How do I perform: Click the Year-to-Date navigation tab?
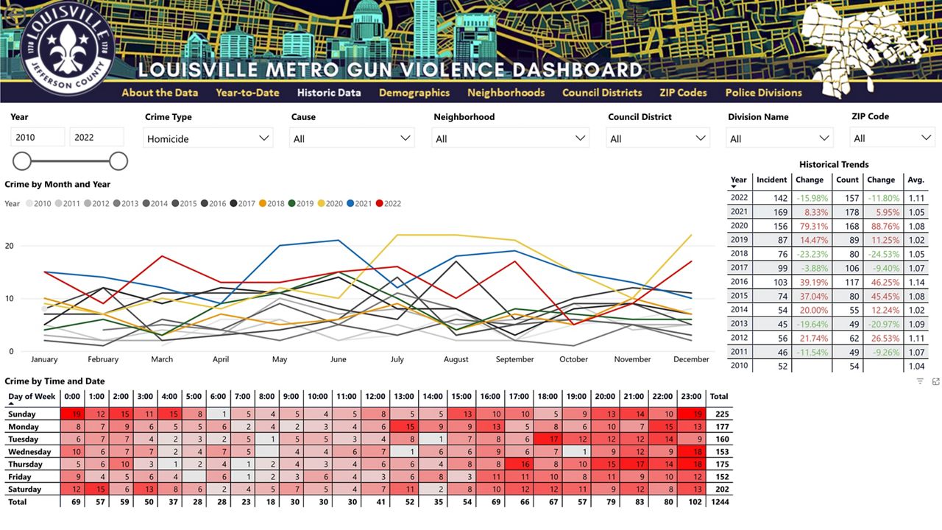point(247,93)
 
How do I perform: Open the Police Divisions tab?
point(763,93)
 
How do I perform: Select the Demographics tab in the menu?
point(414,93)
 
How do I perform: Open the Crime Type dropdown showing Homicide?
point(208,138)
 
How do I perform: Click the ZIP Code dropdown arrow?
point(926,138)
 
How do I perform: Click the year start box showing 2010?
point(38,137)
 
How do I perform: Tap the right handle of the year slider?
point(118,161)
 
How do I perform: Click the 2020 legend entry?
point(329,204)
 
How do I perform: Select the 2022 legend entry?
point(388,204)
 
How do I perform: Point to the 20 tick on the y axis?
point(10,246)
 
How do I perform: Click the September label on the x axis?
point(514,359)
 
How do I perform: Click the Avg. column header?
point(916,180)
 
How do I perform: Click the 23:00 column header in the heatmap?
point(690,397)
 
